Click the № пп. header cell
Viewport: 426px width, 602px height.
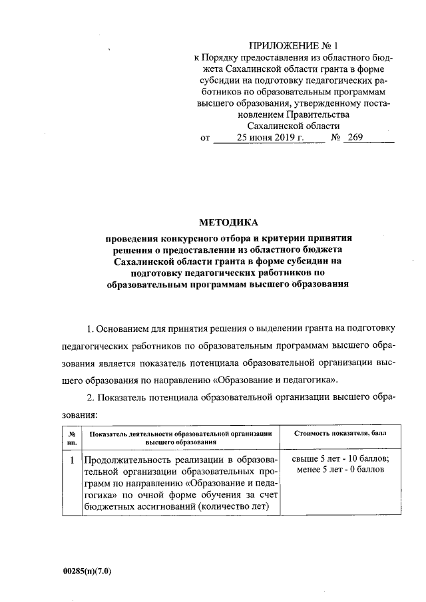tap(71, 437)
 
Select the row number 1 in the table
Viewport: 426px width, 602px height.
tap(71, 460)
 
